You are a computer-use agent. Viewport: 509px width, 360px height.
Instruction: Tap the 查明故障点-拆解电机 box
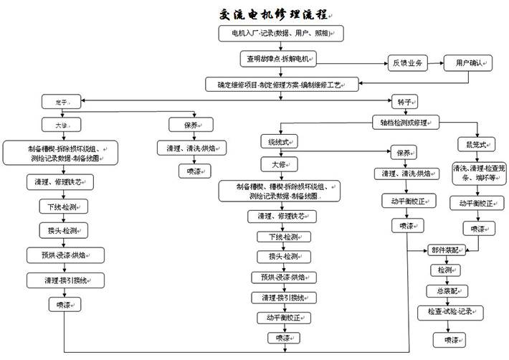(x=278, y=59)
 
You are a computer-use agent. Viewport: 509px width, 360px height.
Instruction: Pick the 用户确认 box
(x=467, y=63)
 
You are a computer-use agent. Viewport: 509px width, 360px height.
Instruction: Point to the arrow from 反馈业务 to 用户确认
(x=436, y=63)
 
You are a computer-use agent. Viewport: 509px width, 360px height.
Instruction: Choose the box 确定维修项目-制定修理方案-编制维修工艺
(x=280, y=84)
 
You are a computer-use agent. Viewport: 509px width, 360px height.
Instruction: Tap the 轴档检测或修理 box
(x=403, y=122)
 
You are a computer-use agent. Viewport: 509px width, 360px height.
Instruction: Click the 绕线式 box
(x=280, y=141)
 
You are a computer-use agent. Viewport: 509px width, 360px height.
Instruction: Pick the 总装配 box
(x=444, y=290)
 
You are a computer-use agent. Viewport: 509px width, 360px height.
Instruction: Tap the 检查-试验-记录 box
(x=450, y=312)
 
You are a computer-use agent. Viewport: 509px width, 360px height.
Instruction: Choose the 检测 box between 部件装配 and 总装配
(x=440, y=270)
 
